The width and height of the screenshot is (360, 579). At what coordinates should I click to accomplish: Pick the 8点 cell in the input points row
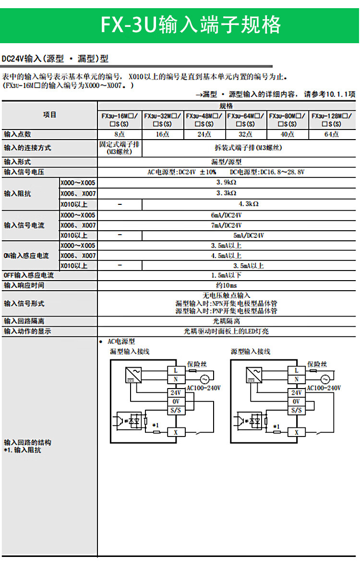pos(120,134)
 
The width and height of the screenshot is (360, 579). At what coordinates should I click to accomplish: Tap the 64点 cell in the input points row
pos(331,134)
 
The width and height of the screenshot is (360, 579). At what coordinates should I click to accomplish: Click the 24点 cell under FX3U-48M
pos(204,134)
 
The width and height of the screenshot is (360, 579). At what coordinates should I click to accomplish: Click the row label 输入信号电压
pos(24,172)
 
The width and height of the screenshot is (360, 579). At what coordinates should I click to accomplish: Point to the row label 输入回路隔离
pos(24,321)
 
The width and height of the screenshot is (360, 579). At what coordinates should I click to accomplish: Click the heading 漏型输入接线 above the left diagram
pos(130,352)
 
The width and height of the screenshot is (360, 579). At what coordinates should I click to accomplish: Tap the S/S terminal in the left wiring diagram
pos(176,410)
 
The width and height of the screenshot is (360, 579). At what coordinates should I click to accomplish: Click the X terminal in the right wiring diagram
pos(296,432)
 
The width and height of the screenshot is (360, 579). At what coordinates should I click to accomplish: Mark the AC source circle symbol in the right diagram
pos(325,378)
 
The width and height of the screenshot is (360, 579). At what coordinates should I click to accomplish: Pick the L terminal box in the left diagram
pos(176,370)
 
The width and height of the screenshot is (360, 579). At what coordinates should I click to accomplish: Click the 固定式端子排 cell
pos(120,147)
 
